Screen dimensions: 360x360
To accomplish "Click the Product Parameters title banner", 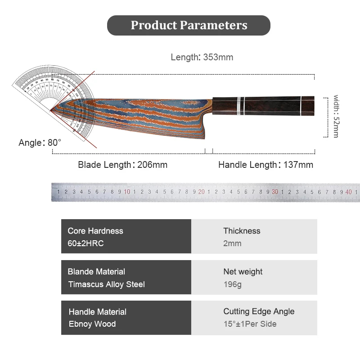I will (x=189, y=25).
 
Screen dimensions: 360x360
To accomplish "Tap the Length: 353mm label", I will (x=202, y=57).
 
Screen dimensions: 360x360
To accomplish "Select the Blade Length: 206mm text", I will (x=122, y=165).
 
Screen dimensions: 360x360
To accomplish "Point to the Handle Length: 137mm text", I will (x=265, y=165).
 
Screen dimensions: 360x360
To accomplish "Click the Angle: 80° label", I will (x=40, y=143).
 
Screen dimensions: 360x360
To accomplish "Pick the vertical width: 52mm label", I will (x=336, y=116).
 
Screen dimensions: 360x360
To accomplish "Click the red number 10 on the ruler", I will (x=127, y=192).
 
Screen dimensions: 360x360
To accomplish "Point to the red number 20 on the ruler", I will (x=201, y=192).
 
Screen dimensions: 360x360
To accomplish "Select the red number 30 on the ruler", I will (x=275, y=192).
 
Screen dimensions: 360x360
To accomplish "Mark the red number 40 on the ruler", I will (x=349, y=192).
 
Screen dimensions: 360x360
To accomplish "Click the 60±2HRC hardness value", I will (x=86, y=243).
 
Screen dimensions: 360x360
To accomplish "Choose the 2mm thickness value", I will (x=232, y=243).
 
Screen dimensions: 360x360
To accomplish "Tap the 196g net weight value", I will (x=233, y=284).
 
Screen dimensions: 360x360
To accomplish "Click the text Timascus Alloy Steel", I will (x=107, y=284).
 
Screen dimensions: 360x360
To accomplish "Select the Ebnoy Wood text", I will (x=92, y=324).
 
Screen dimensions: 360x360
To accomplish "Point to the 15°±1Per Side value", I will (x=250, y=324).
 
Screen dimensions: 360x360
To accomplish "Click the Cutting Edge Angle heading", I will (x=259, y=311).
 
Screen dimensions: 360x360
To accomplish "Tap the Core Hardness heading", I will (x=95, y=231).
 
